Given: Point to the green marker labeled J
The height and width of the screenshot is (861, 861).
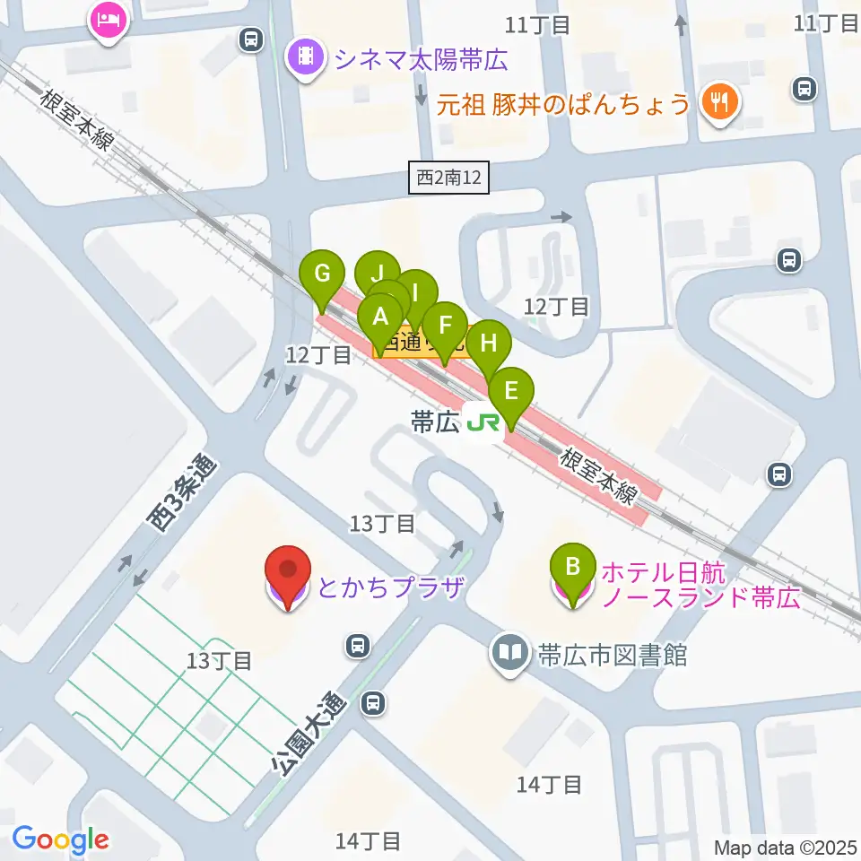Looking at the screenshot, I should tap(378, 273).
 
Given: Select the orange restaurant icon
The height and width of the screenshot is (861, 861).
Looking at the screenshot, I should tap(719, 103).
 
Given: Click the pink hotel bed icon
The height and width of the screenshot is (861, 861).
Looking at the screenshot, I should tap(109, 20).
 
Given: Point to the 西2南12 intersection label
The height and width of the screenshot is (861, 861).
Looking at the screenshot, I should tap(450, 178).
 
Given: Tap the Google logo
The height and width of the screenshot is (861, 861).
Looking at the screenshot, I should tap(61, 839).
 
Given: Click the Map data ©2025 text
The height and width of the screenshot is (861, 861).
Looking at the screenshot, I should tap(786, 848).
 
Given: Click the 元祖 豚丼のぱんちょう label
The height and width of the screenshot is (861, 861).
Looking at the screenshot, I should tap(563, 105).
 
